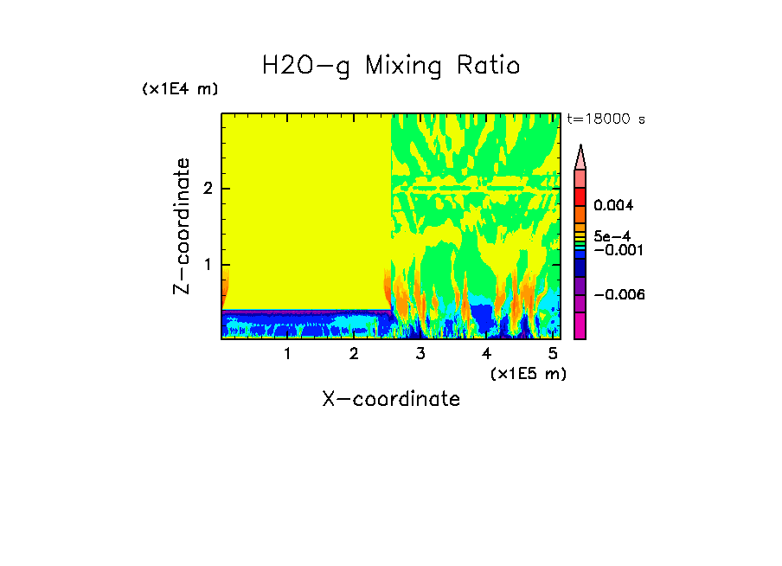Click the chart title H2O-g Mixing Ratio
pyautogui.click(x=391, y=66)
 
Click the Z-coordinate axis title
pyautogui.click(x=182, y=226)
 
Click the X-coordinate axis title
pyautogui.click(x=391, y=399)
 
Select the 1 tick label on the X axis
pyautogui.click(x=287, y=354)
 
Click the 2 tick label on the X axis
pyautogui.click(x=354, y=354)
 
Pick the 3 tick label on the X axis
pyautogui.click(x=420, y=354)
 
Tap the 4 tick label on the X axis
pyautogui.click(x=486, y=354)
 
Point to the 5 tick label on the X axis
pyautogui.click(x=553, y=354)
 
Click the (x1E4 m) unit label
pyautogui.click(x=180, y=89)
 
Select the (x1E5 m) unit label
pyautogui.click(x=528, y=373)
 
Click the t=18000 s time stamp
pyautogui.click(x=606, y=119)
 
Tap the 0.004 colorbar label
pyautogui.click(x=613, y=206)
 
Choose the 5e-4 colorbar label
pyautogui.click(x=612, y=236)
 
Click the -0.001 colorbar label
pyautogui.click(x=616, y=249)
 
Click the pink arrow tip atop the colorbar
pyautogui.click(x=580, y=157)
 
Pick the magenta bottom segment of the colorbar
pyautogui.click(x=580, y=325)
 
